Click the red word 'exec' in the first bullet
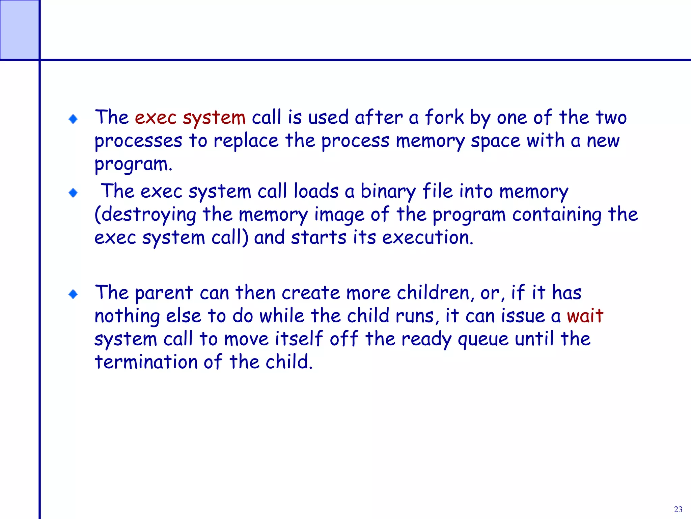coord(156,118)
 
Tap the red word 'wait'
coord(585,316)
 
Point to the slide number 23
coord(678,509)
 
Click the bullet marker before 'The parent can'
coord(73,294)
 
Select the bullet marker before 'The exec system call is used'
coord(73,119)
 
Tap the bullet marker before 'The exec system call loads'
coord(73,193)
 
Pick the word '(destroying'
coord(145,215)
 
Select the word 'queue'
coord(483,340)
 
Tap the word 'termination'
coord(146,362)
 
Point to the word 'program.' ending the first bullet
coord(133,165)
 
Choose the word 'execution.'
coord(427,238)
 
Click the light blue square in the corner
coord(19,30)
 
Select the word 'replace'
coord(246,141)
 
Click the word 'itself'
coord(299,339)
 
